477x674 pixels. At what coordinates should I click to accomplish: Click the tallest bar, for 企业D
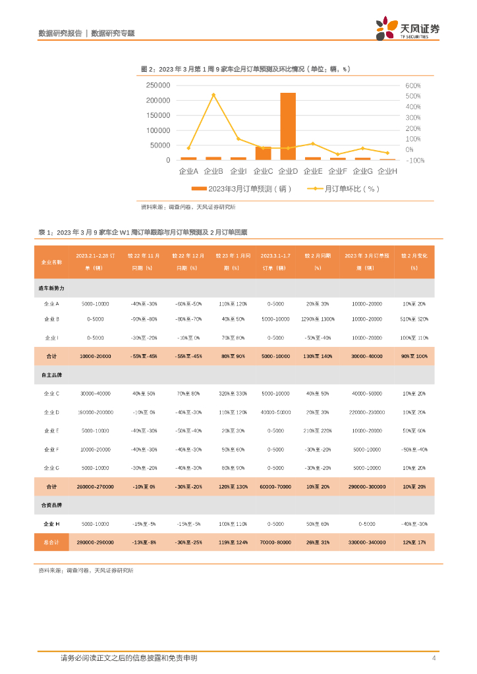click(288, 126)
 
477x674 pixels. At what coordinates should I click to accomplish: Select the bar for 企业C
click(263, 153)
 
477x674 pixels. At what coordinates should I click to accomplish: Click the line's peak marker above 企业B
click(213, 95)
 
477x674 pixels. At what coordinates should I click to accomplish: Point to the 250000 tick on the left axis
click(157, 86)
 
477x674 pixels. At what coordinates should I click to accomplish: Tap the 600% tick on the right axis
click(413, 86)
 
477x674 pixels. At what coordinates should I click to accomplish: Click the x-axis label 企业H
click(387, 171)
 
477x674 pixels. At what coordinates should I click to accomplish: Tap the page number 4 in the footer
click(434, 658)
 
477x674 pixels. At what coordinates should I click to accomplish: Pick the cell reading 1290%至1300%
click(318, 319)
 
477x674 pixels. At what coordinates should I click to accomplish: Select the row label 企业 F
click(51, 450)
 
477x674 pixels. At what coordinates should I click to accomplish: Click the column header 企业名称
click(51, 261)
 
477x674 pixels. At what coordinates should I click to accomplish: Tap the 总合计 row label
click(51, 543)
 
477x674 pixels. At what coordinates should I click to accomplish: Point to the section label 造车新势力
click(51, 288)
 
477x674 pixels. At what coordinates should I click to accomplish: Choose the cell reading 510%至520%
click(414, 319)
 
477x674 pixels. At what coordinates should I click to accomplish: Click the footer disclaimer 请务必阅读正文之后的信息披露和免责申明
click(129, 658)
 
